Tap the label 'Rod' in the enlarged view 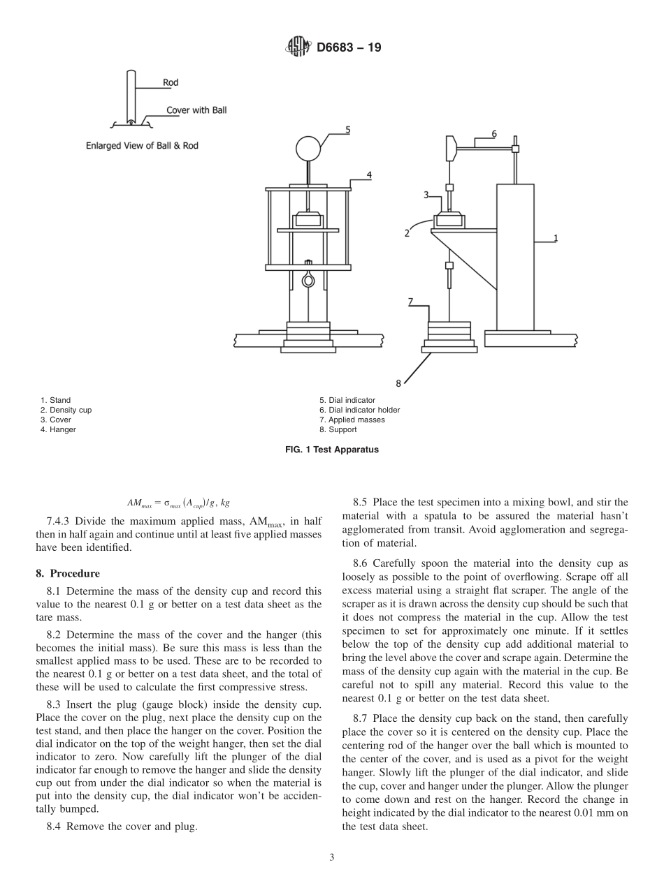point(171,82)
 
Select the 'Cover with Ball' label point(196,110)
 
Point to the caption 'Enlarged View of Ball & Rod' point(147,146)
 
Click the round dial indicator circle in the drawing point(308,148)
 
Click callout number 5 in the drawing point(347,129)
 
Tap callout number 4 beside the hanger point(368,175)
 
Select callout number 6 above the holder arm point(494,133)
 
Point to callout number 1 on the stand point(556,238)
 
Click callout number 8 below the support point(398,383)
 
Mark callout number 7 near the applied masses point(412,302)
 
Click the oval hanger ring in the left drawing point(308,280)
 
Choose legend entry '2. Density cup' point(66,410)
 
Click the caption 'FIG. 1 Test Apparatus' point(332,450)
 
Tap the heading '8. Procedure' point(67,574)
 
